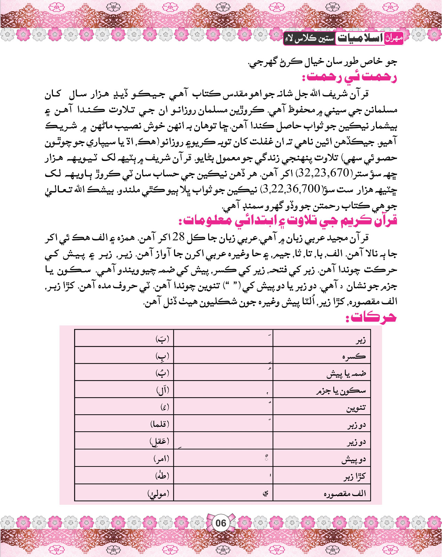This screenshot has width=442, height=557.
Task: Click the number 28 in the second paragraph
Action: click(x=179, y=237)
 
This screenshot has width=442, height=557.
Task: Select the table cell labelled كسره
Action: click(x=354, y=357)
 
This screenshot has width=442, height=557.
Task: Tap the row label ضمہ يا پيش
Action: click(x=346, y=374)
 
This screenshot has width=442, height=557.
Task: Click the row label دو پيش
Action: click(x=354, y=460)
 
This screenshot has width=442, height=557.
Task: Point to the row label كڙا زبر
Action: click(x=355, y=477)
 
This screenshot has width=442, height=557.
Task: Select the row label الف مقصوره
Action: click(x=345, y=494)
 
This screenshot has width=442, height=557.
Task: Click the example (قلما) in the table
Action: click(x=160, y=424)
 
